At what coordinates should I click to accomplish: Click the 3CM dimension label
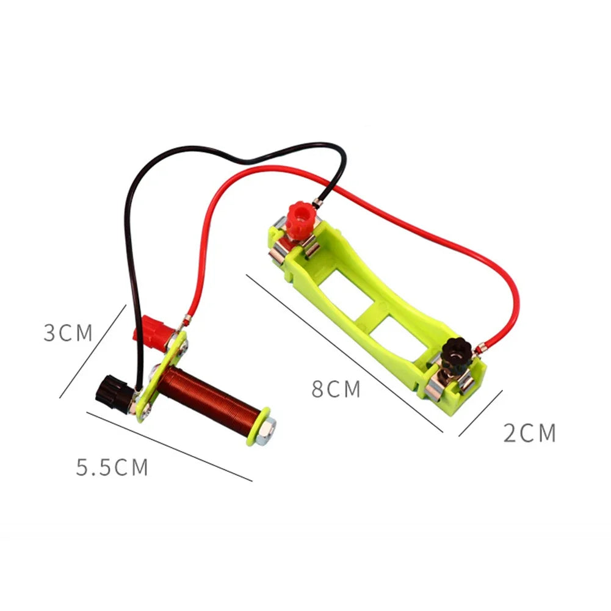(x=68, y=333)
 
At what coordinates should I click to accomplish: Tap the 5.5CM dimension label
(x=112, y=468)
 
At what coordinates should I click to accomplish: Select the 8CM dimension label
(x=336, y=389)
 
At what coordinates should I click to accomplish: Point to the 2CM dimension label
(x=530, y=433)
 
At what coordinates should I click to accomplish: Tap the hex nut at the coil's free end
(x=267, y=430)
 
